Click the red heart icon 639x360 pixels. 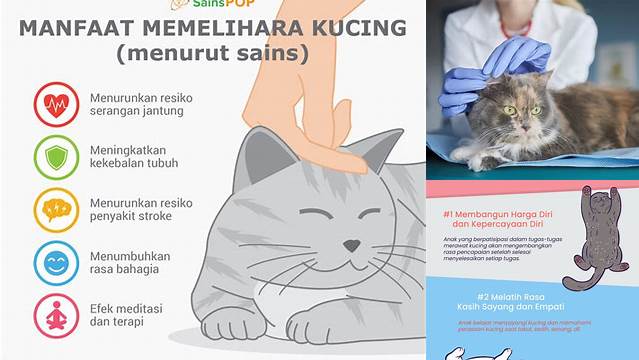tap(56, 103)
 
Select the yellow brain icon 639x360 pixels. tap(56, 210)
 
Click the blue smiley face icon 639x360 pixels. tap(56, 262)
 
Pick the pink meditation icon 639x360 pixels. tap(56, 314)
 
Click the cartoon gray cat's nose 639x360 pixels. tap(352, 245)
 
